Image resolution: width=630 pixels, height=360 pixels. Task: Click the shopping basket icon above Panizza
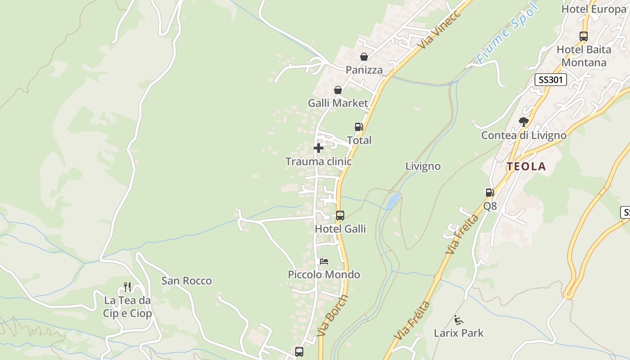point(364,57)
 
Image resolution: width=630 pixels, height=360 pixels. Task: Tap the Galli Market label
point(337,103)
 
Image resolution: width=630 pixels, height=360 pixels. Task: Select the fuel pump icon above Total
point(359,127)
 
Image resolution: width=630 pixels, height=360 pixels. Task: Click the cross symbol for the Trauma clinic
point(319,148)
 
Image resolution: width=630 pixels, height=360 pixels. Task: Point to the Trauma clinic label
point(319,161)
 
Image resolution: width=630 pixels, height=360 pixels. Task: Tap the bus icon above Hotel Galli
point(340,216)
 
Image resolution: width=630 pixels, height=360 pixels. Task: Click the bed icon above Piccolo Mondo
point(324,261)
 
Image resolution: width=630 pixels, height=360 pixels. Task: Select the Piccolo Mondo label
point(324,274)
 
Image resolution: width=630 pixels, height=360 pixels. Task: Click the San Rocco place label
point(186,281)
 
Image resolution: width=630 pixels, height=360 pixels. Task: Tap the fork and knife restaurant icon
point(127,287)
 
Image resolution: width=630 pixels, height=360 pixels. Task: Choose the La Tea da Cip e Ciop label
point(127,307)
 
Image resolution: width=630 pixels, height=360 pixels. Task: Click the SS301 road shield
point(551,80)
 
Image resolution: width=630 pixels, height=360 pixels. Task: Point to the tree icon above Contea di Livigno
point(523,121)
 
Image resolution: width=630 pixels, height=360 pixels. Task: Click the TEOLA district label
point(526,166)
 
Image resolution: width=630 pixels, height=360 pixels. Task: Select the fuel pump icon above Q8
point(490,193)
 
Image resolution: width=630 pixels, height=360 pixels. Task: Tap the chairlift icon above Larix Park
point(459,320)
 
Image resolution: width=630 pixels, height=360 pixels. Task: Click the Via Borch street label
point(332,316)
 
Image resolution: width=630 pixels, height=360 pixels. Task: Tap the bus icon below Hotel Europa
point(584,36)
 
